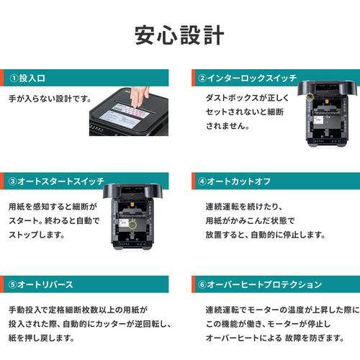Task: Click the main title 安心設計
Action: pos(179,34)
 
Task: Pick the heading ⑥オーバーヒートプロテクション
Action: pos(255,284)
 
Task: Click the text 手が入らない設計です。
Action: pos(50,97)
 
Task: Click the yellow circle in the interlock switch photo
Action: pos(310,97)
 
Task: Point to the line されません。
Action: pos(227,125)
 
